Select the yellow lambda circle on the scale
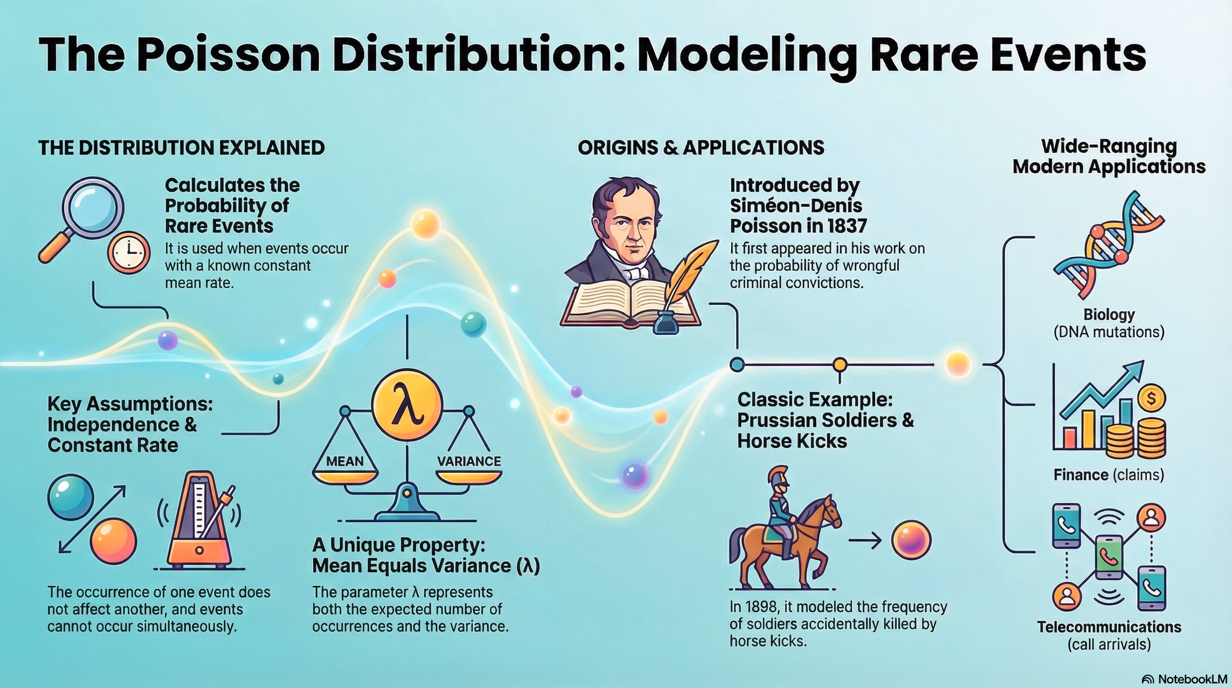click(407, 405)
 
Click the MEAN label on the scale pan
click(344, 461)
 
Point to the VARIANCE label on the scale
click(469, 461)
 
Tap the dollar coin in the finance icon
click(1151, 399)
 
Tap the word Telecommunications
click(1109, 627)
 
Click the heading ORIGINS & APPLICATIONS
click(701, 147)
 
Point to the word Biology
click(1109, 314)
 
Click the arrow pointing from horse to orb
click(865, 541)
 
